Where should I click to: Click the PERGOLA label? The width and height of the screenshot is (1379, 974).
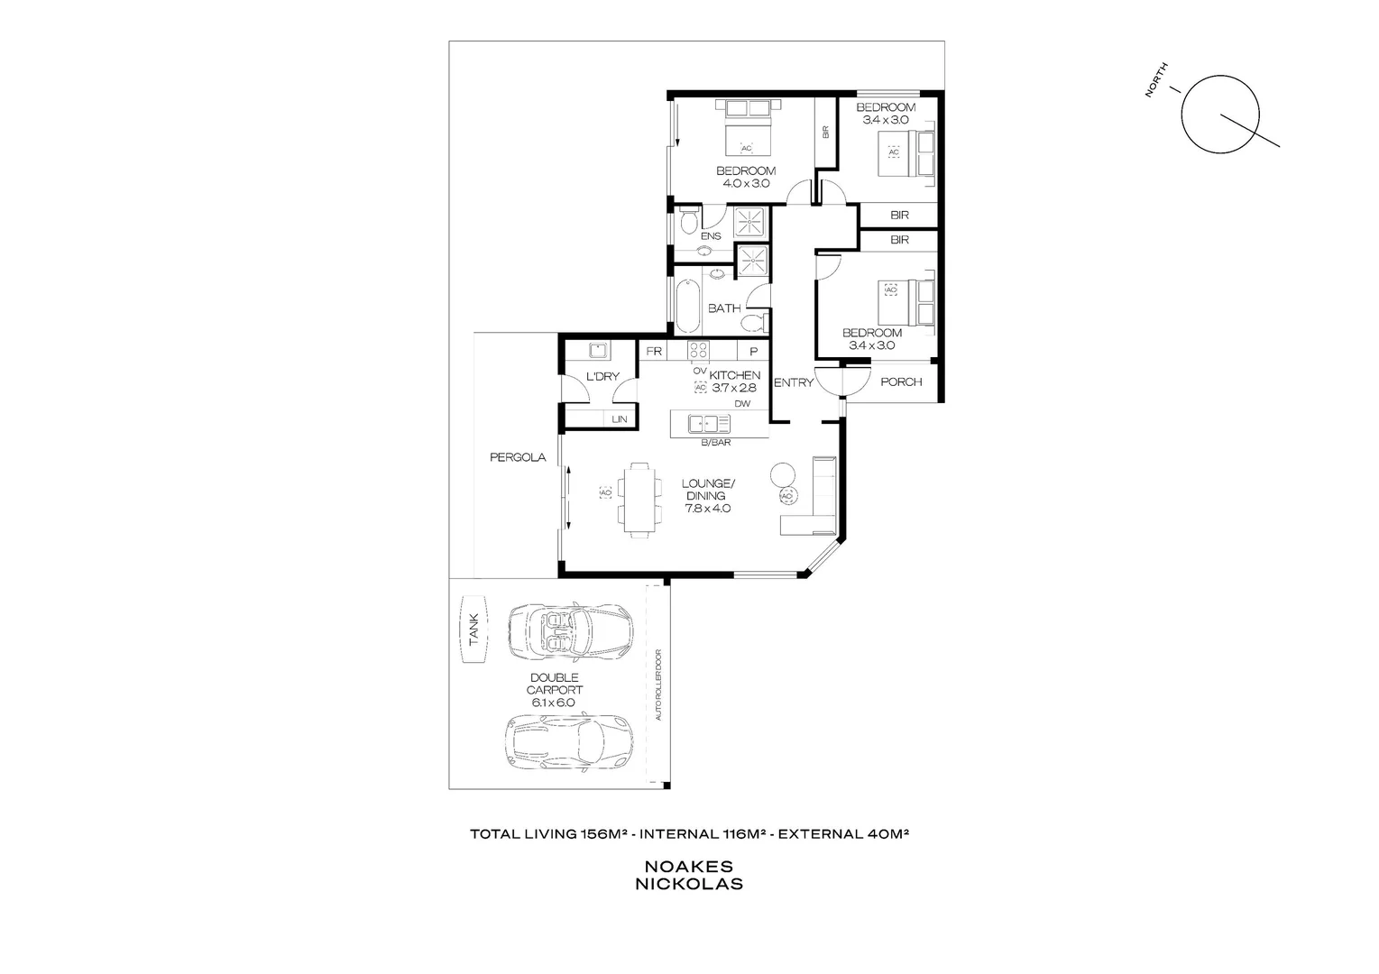(518, 457)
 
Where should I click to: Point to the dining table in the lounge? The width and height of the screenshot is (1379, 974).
(639, 501)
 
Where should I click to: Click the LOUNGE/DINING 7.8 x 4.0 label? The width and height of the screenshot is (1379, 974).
(708, 495)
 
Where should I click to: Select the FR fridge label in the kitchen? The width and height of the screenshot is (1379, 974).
(654, 352)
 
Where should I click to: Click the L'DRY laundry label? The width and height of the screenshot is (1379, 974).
(602, 376)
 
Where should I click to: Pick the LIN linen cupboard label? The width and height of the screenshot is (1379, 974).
(620, 419)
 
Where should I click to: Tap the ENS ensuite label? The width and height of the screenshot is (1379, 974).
(711, 236)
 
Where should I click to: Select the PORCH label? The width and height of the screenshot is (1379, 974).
(901, 381)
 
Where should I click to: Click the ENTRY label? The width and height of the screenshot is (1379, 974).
(794, 382)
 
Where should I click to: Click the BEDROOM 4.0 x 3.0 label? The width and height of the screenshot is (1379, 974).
(746, 177)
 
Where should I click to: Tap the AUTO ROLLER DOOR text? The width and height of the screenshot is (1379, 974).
(659, 685)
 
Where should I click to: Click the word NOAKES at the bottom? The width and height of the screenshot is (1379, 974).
(689, 866)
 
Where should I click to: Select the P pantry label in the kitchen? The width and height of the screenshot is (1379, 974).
(754, 352)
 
